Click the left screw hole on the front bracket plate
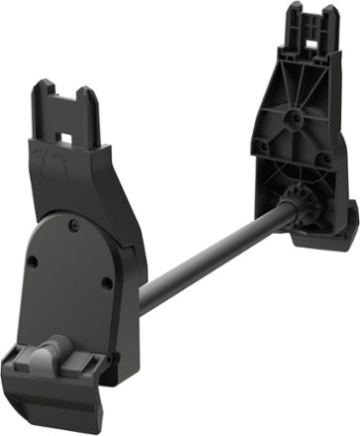click(33, 263)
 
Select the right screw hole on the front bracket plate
click(106, 284)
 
